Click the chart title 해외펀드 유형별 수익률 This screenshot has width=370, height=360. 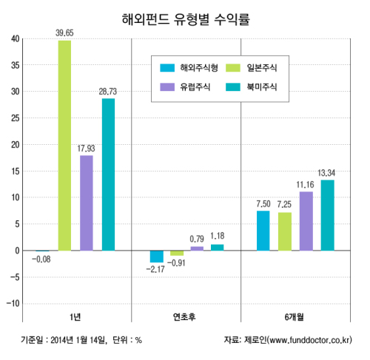(186, 19)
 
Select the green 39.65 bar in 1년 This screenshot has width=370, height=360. (64, 146)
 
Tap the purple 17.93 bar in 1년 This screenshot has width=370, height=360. (87, 203)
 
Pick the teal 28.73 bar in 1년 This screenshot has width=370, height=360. (108, 174)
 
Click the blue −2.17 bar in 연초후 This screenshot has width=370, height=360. (157, 257)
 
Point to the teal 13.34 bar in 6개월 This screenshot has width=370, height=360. (328, 215)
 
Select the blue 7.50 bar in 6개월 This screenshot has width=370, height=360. (263, 231)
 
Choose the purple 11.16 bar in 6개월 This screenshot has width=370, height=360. (306, 221)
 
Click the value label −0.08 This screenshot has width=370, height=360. (41, 259)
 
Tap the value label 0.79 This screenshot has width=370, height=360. (197, 239)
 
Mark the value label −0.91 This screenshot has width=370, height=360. (176, 263)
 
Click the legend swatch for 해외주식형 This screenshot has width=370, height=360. (167, 68)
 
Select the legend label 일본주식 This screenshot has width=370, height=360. (262, 68)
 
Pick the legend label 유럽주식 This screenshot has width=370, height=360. (195, 87)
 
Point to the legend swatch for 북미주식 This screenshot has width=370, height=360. (233, 87)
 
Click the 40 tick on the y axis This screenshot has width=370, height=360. (16, 38)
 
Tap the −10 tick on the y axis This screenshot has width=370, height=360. (13, 303)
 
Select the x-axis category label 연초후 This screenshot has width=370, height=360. (184, 317)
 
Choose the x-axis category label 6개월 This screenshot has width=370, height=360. (295, 317)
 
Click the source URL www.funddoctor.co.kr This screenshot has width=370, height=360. (310, 340)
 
